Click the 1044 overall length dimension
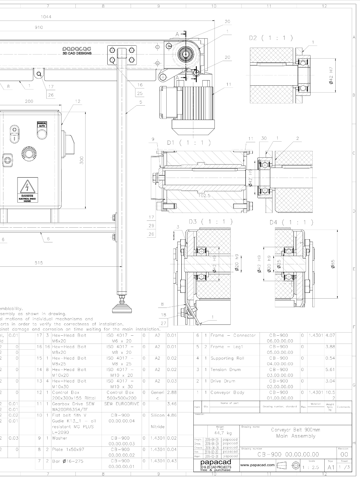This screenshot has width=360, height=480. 46,17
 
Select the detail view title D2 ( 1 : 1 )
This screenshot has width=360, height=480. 271,38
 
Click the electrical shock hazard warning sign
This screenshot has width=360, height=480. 27,190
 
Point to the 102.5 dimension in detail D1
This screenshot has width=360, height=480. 205,195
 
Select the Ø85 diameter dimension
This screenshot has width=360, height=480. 333,264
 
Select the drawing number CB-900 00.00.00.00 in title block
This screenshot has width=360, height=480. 288,454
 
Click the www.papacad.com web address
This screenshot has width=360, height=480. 257,465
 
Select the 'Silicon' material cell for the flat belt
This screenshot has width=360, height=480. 157,415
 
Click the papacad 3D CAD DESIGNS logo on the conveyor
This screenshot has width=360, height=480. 77,51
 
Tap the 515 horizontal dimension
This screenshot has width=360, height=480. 39,263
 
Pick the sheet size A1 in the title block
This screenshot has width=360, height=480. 331,467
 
